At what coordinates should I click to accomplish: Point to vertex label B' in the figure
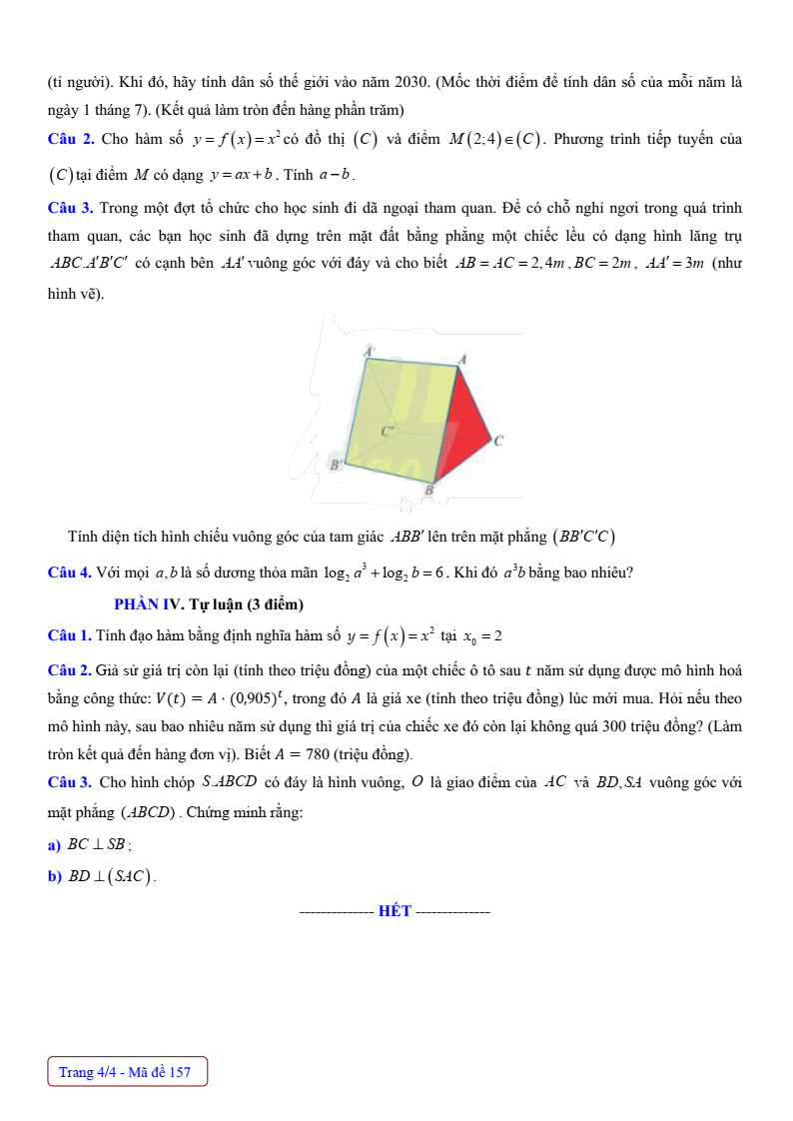[x=337, y=465]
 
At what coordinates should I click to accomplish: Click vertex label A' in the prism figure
[x=369, y=351]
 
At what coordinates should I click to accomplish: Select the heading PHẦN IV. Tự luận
[x=209, y=604]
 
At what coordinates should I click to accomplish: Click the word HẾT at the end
[x=396, y=911]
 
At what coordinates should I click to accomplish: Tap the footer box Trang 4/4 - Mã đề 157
[x=127, y=1072]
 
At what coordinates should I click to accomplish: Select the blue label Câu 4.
[x=70, y=572]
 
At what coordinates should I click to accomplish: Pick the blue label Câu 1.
[x=70, y=635]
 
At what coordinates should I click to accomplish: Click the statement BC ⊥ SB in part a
[x=95, y=844]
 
